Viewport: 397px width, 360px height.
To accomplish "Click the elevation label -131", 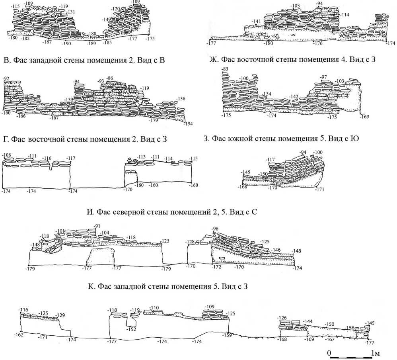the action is tap(72, 12).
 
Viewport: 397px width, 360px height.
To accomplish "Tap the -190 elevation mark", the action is tap(66, 43).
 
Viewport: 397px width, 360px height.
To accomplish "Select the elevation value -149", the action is tap(106, 20).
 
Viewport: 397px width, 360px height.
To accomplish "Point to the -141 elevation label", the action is tap(257, 22).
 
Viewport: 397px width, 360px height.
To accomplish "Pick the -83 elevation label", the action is tap(225, 70).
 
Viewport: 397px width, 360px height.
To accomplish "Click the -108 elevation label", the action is tap(7, 155).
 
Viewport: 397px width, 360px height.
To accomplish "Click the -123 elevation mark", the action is tap(165, 241).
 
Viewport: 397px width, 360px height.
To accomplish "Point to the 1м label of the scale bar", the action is tap(376, 353).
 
